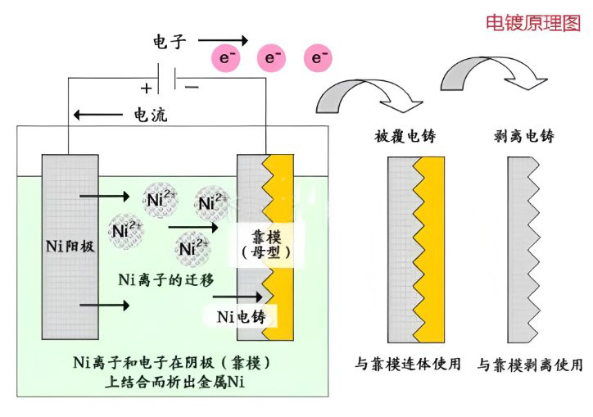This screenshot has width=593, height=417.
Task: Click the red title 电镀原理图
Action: [x=532, y=23]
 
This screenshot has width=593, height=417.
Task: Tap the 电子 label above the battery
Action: [x=171, y=40]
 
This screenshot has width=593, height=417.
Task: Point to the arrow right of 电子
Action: [x=222, y=39]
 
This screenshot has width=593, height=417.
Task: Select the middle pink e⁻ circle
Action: [x=271, y=57]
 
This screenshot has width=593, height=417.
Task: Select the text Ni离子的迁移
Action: [x=167, y=279]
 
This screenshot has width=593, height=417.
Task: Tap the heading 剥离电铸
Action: [x=526, y=136]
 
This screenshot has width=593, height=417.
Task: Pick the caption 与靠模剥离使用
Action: [x=530, y=364]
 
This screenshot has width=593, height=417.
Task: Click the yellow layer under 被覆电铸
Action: [x=433, y=250]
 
